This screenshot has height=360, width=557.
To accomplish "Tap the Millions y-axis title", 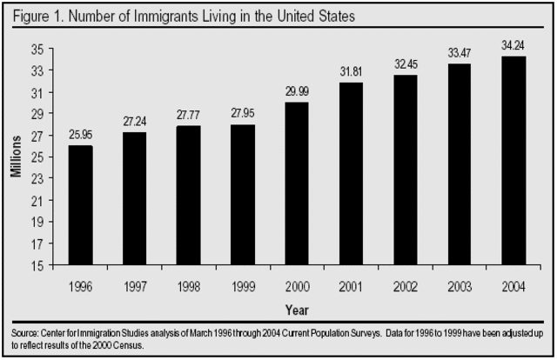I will (x=17, y=157).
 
